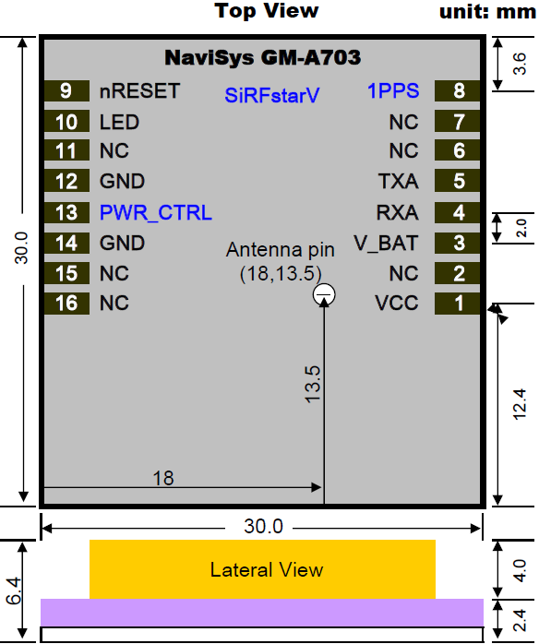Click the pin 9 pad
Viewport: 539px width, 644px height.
(x=66, y=90)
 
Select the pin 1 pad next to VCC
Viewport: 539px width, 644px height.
(x=457, y=304)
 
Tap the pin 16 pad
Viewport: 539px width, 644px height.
(x=66, y=304)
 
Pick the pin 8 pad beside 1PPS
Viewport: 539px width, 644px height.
(x=457, y=90)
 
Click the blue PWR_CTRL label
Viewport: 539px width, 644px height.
(x=156, y=213)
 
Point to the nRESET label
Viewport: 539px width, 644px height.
(x=139, y=90)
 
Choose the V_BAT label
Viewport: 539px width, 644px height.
(x=386, y=244)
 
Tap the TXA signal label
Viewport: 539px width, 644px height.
(x=398, y=181)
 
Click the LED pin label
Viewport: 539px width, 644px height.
(x=119, y=122)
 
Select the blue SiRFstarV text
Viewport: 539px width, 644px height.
(x=272, y=95)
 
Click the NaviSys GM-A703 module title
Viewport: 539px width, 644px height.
(x=262, y=57)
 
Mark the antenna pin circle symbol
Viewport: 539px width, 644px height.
(x=324, y=294)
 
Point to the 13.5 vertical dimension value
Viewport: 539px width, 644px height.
(x=312, y=385)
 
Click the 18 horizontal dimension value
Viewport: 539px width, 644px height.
(x=163, y=478)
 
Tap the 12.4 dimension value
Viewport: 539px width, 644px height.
(x=520, y=404)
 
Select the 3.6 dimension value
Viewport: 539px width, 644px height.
(x=520, y=64)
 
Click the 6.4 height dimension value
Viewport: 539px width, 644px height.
(x=14, y=590)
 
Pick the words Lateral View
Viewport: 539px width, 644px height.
(x=267, y=569)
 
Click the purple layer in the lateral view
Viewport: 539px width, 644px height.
(x=262, y=613)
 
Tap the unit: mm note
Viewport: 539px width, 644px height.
(x=487, y=12)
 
